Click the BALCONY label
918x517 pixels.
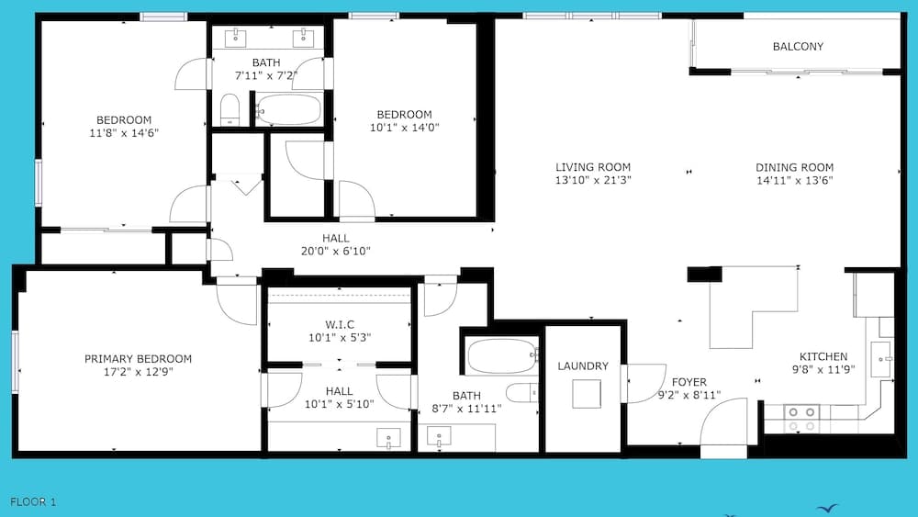coord(798,47)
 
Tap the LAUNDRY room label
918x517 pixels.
coord(583,366)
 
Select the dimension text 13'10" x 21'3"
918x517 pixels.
coord(593,180)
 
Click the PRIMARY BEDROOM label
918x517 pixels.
coord(138,359)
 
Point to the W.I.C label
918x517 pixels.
coord(339,324)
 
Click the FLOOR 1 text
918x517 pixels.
coord(33,501)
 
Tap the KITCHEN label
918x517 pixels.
coord(823,357)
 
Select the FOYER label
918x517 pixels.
coord(688,383)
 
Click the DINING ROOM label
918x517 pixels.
coord(794,167)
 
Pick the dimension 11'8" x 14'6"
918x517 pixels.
coord(124,133)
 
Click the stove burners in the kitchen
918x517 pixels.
coord(801,420)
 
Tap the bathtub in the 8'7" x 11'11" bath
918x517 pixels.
coord(501,355)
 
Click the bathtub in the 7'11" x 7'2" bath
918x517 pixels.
coord(288,111)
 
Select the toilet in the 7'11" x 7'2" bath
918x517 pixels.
coord(229,109)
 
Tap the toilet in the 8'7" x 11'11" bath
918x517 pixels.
coord(521,393)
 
